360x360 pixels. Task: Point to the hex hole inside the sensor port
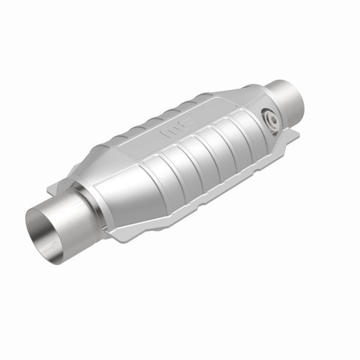pos(271,119)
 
